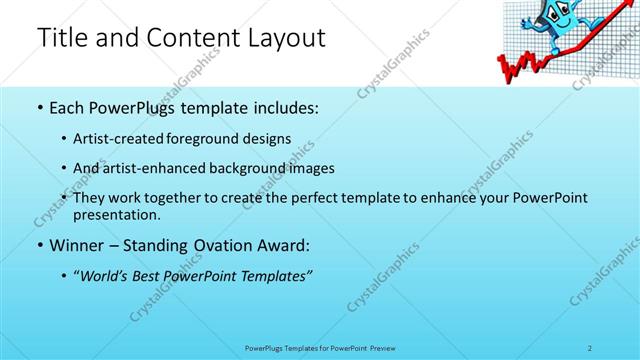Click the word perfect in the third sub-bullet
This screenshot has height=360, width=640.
tap(330, 198)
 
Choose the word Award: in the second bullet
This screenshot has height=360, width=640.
tap(286, 245)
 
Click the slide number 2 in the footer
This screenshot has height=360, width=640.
tap(590, 347)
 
